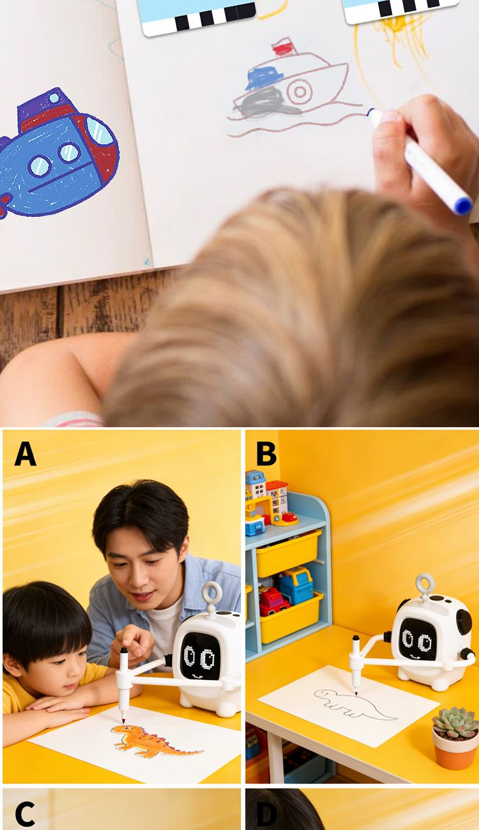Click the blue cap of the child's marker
pyautogui.click(x=463, y=206)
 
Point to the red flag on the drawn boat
pyautogui.click(x=282, y=49)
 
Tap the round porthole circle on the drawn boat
pyautogui.click(x=300, y=91)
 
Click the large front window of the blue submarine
pyautogui.click(x=99, y=130)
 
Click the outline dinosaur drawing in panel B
pyautogui.click(x=354, y=704)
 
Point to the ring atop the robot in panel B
pyautogui.click(x=425, y=585)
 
